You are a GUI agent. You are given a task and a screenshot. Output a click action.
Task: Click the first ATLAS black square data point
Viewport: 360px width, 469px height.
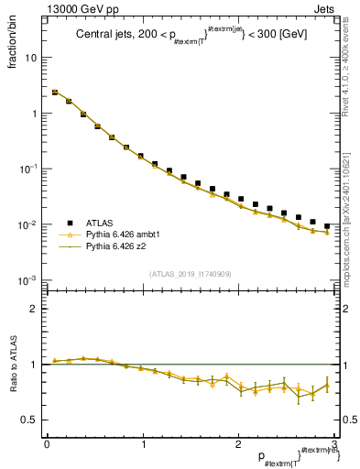pos(54,93)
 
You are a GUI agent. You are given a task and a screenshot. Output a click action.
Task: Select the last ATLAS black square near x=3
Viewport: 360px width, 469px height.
pos(327,225)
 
